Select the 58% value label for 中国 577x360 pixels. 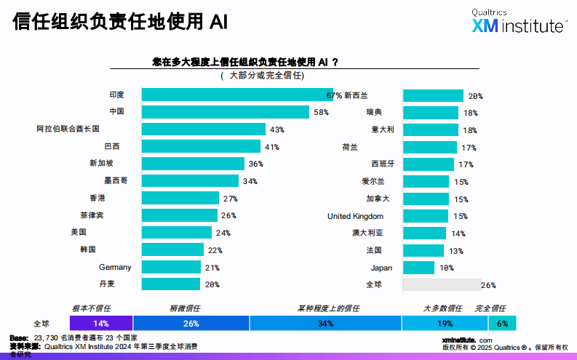321,112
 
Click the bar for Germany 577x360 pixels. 171,267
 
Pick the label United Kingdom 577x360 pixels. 355,216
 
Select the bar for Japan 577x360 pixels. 419,268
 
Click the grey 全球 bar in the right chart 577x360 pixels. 442,284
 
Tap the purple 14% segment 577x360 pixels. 101,323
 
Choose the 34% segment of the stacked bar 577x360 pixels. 325,323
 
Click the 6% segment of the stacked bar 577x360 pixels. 502,323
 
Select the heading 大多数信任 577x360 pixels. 443,308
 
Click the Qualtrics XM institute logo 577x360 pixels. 519,22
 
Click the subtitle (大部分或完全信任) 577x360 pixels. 262,75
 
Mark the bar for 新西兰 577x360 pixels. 433,95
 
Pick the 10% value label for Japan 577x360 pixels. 446,268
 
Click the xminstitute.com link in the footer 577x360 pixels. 466,340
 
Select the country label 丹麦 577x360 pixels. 106,284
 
